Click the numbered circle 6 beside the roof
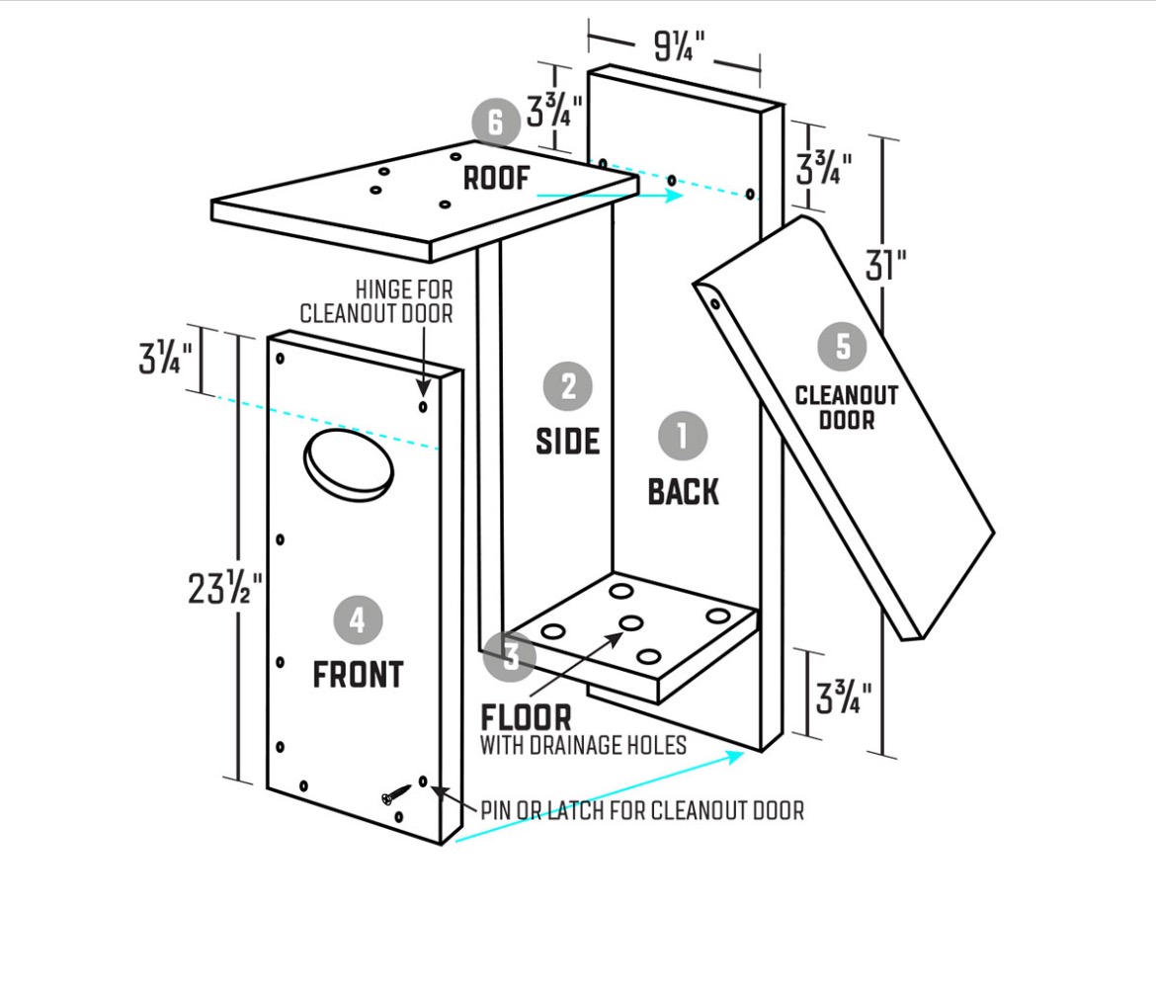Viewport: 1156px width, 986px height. click(495, 123)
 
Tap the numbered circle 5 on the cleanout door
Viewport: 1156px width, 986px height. click(843, 346)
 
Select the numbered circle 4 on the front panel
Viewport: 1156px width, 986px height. click(358, 620)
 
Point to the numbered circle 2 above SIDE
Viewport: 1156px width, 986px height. click(568, 386)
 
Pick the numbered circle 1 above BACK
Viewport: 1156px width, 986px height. click(683, 435)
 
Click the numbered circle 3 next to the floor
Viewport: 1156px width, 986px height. click(510, 656)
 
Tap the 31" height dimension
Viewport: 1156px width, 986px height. click(885, 265)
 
